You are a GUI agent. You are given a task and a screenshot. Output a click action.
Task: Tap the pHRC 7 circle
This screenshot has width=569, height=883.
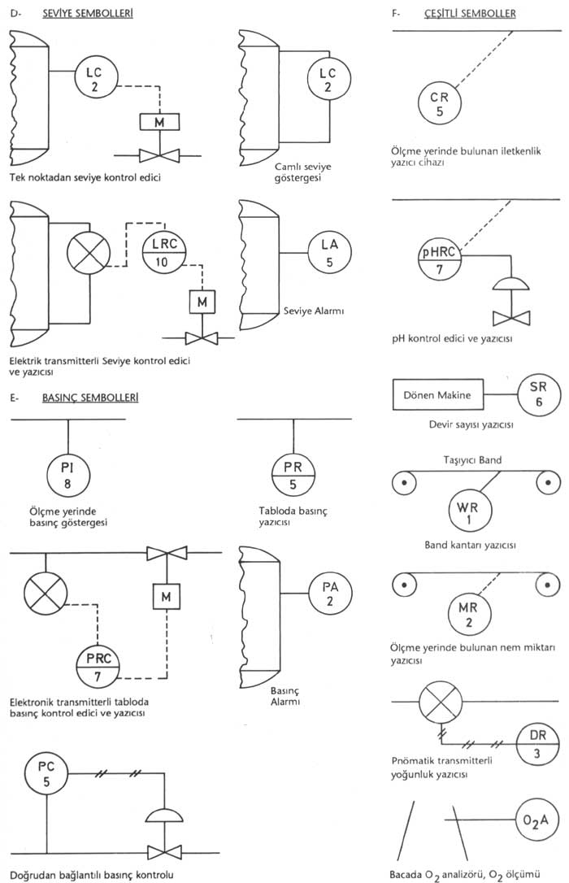(x=440, y=259)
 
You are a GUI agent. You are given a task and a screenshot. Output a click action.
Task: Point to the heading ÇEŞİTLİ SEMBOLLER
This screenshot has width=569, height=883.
(x=469, y=14)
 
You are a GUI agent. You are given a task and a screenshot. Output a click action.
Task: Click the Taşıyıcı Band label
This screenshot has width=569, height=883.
(x=472, y=459)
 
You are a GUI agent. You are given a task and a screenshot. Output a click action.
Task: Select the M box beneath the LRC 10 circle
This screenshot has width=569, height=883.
(x=199, y=302)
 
